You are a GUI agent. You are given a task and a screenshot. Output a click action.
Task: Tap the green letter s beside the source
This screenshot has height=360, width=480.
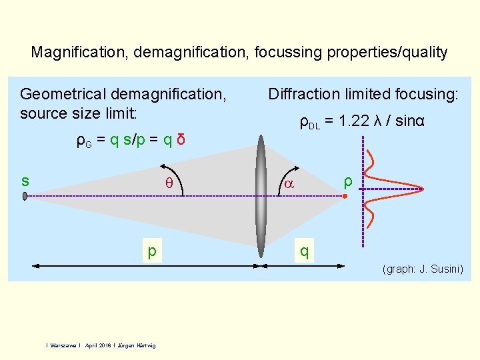(x=25, y=181)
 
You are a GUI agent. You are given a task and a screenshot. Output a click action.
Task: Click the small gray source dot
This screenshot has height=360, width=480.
(x=25, y=196)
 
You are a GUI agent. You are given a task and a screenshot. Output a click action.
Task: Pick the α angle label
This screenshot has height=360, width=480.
(x=289, y=185)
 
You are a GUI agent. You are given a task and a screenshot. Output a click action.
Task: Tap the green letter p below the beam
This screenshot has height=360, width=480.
(x=153, y=251)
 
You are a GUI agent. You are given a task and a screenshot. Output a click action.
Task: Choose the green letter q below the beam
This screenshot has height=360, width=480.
(x=304, y=251)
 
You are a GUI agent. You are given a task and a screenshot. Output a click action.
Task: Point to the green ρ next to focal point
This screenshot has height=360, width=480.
(x=347, y=181)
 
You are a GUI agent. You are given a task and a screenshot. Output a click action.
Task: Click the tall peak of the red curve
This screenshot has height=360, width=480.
(x=421, y=189)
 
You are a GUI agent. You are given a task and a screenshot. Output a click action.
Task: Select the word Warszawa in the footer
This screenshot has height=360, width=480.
(x=63, y=345)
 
